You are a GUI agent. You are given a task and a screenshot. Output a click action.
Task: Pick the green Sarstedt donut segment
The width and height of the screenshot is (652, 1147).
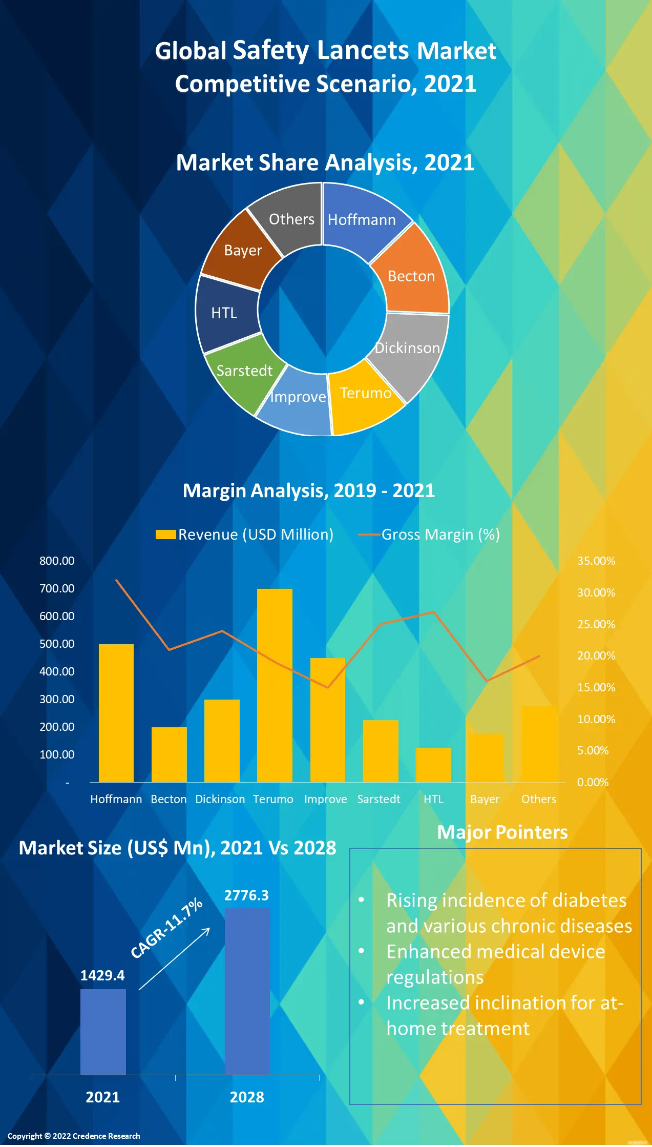[x=243, y=372]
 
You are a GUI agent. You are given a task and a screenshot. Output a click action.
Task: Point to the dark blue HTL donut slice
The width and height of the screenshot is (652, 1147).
[x=225, y=313]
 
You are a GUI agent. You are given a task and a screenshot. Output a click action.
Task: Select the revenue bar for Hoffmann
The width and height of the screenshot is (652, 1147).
[x=116, y=713]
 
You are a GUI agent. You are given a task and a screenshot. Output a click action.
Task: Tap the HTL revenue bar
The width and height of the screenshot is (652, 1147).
[x=433, y=765]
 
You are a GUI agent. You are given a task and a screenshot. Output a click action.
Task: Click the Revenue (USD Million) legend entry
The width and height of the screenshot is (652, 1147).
[x=245, y=535]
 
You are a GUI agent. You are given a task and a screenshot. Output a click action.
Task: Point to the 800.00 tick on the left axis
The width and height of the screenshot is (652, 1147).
[x=57, y=561]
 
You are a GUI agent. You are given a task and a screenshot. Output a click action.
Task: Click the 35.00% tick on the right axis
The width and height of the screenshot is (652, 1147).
[x=596, y=561]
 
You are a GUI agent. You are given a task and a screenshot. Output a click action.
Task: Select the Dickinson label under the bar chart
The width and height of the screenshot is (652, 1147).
[x=220, y=799]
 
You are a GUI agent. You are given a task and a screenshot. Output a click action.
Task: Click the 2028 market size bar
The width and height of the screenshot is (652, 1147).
[x=247, y=991]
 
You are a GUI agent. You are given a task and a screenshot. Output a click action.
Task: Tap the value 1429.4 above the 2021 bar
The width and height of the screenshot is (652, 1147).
[x=102, y=975]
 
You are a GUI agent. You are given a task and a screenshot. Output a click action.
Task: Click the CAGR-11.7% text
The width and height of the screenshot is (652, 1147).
[x=167, y=928]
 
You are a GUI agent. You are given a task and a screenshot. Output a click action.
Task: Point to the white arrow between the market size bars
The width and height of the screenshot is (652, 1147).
[x=175, y=958]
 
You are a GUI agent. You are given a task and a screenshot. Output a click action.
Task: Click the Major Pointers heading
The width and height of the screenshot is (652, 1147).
[x=502, y=832]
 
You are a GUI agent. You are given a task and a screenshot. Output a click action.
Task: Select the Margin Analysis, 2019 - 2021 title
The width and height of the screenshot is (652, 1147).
[x=309, y=490]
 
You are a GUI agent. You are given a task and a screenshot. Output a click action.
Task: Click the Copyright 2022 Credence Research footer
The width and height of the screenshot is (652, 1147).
[x=74, y=1136]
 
